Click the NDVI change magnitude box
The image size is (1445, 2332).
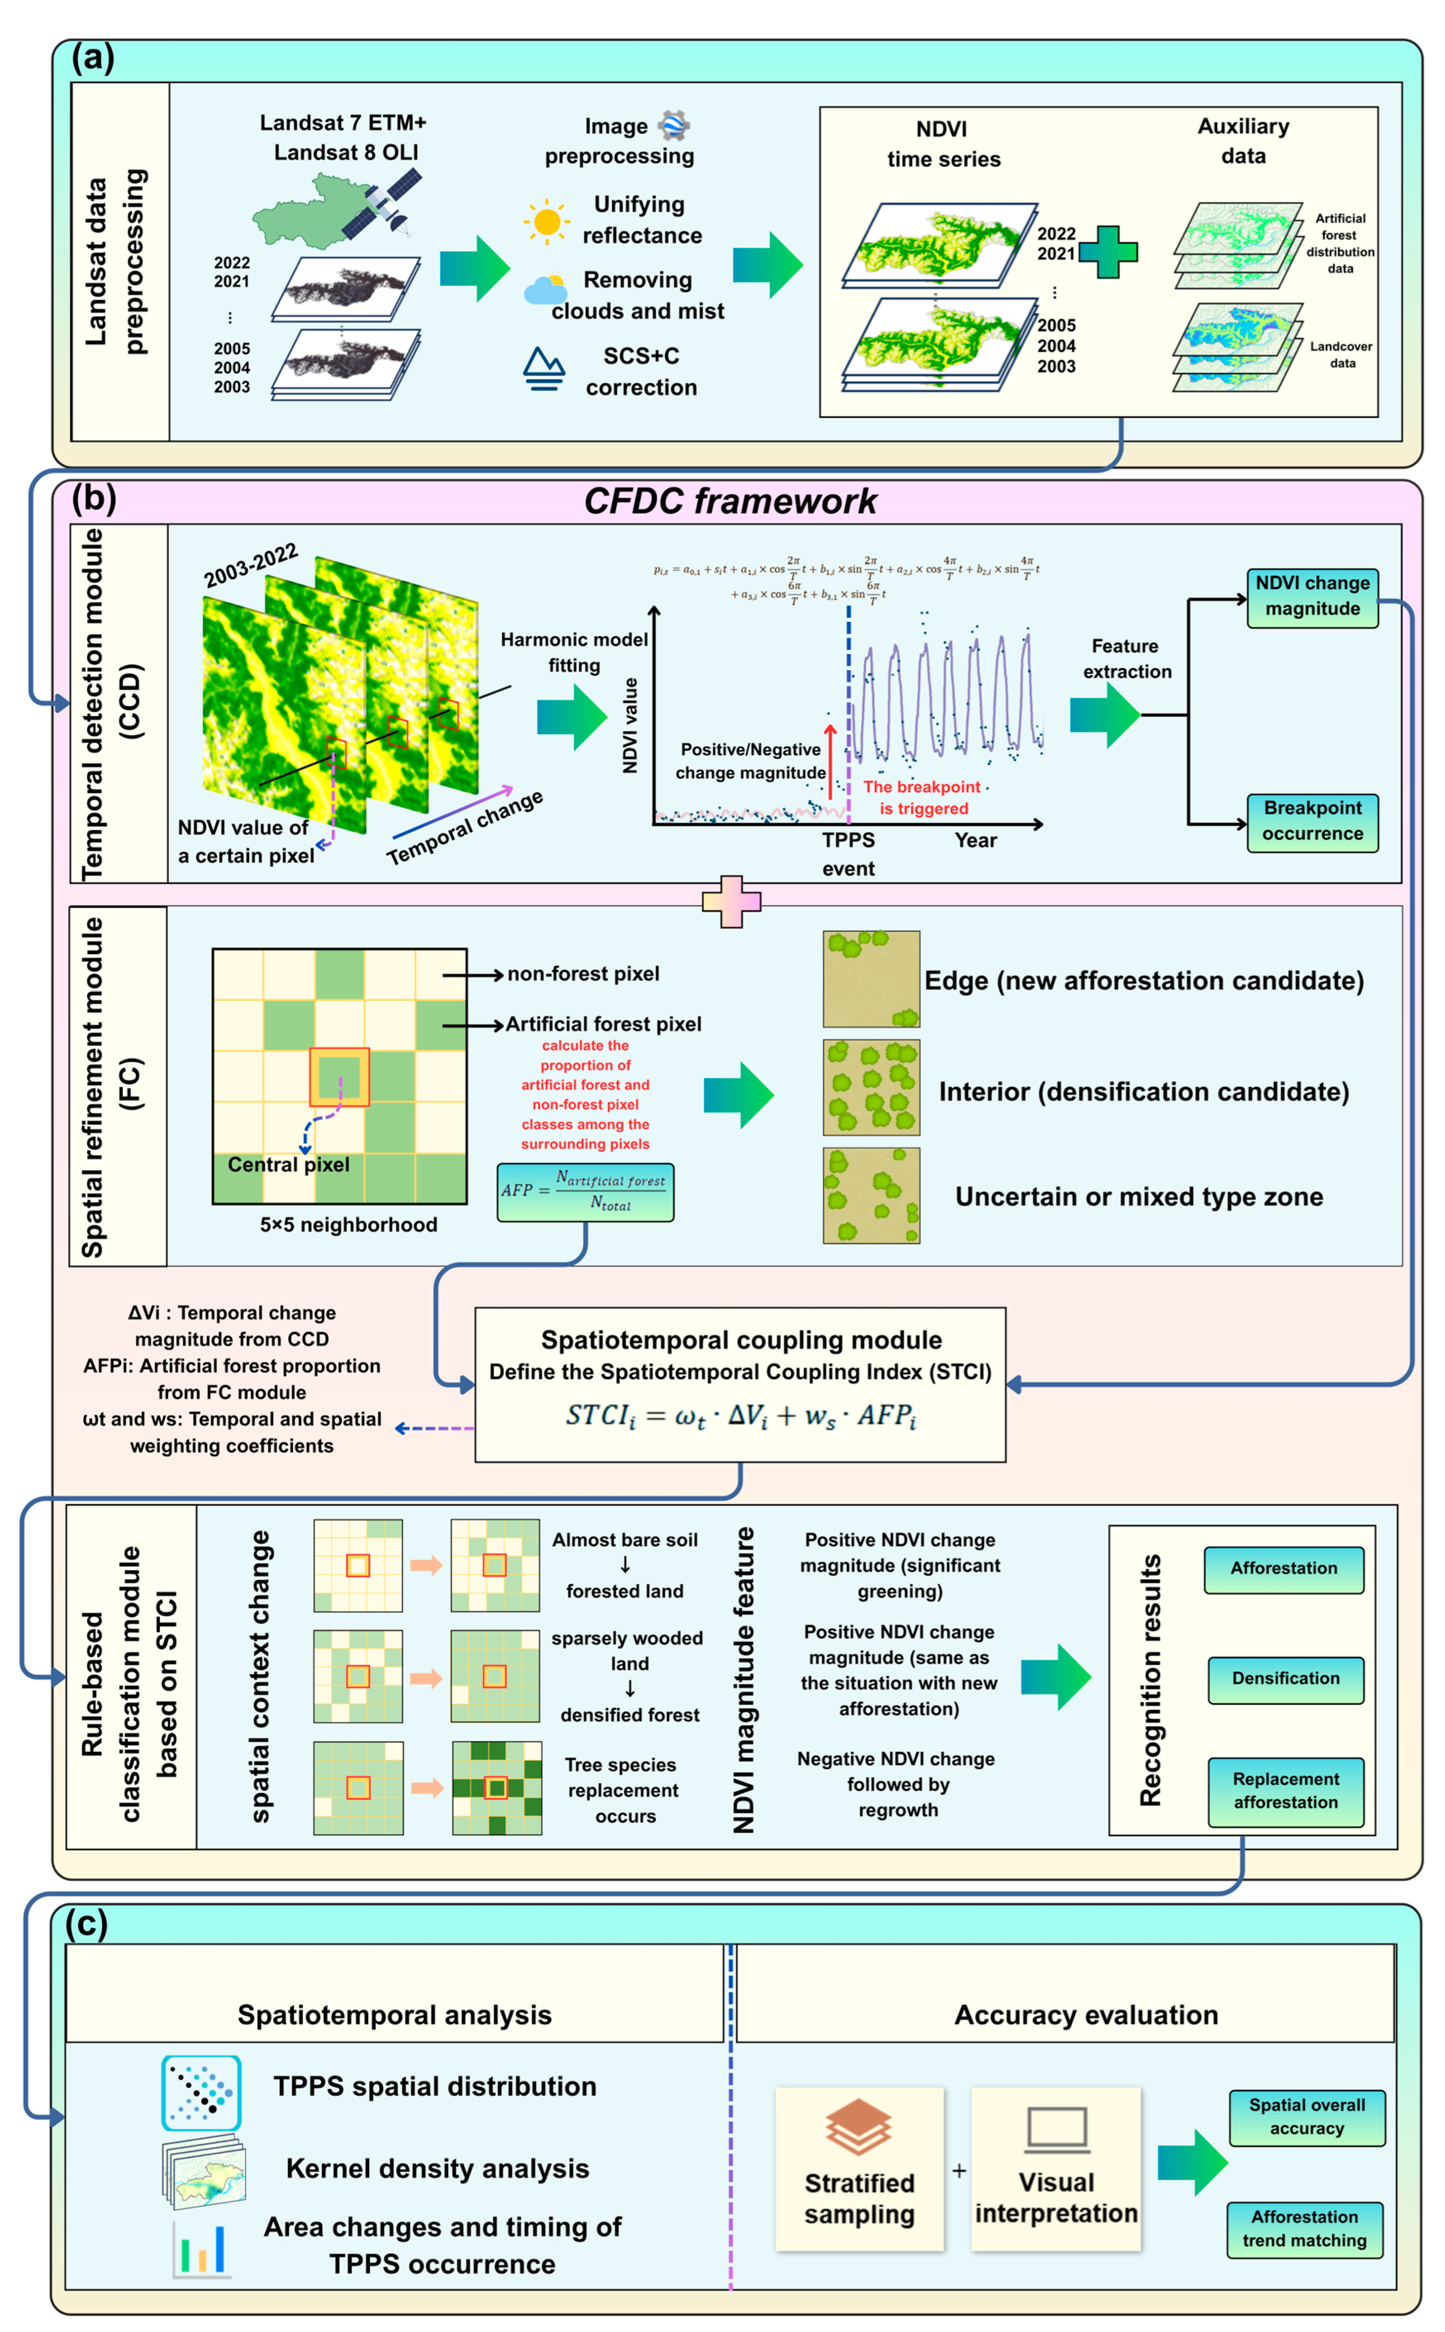[x=1312, y=596]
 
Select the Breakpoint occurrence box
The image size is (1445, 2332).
[x=1312, y=821]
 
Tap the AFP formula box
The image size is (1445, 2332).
[x=585, y=1192]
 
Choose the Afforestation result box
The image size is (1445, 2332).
[x=1283, y=1568]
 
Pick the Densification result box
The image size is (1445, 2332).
[x=1286, y=1678]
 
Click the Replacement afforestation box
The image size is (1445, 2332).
[x=1286, y=1790]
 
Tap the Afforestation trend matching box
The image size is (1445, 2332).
[x=1304, y=2228]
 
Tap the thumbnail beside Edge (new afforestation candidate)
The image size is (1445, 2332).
[x=871, y=979]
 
